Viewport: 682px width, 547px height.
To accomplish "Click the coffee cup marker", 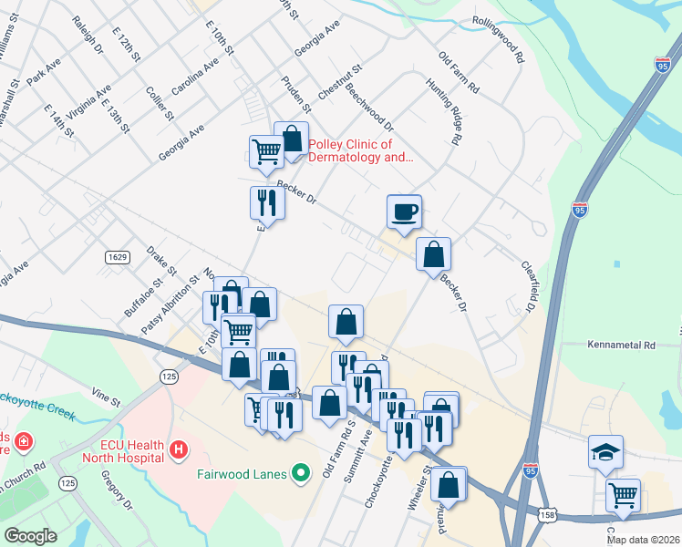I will click(x=404, y=212).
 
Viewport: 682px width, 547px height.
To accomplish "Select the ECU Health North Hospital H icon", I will click(x=179, y=449).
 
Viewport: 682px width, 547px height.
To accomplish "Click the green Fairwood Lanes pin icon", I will click(x=303, y=473).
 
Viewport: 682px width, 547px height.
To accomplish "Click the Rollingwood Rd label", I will click(x=498, y=37).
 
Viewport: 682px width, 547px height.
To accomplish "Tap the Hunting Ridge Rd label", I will click(x=439, y=110).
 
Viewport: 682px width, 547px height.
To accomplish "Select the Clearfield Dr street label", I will click(x=528, y=286).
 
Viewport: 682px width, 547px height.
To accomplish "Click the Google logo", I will click(x=30, y=535).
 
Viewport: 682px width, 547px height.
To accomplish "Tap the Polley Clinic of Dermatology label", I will click(x=361, y=150).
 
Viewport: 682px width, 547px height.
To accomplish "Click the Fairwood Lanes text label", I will click(x=242, y=474).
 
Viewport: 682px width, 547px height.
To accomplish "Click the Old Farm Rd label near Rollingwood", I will click(x=458, y=72).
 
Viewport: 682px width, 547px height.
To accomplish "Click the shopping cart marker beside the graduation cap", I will click(x=623, y=495).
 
